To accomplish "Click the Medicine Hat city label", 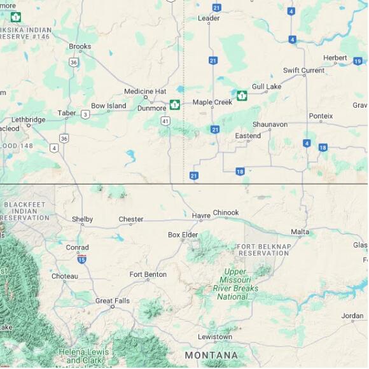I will pyautogui.click(x=144, y=92).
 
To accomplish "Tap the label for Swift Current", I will pyautogui.click(x=303, y=71).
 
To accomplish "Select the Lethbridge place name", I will pyautogui.click(x=29, y=120).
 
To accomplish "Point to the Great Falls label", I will pyautogui.click(x=112, y=301).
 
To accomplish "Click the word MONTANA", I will pyautogui.click(x=211, y=355).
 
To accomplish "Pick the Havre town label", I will pyautogui.click(x=201, y=216).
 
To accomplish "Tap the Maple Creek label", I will pyautogui.click(x=212, y=102).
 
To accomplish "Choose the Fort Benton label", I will pyautogui.click(x=148, y=275).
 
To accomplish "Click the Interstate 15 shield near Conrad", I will pyautogui.click(x=81, y=260).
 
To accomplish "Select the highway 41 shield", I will pyautogui.click(x=165, y=120).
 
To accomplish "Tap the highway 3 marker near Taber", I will pyautogui.click(x=85, y=115).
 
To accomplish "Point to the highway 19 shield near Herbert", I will pyautogui.click(x=358, y=61).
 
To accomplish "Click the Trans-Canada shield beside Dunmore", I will pyautogui.click(x=174, y=104).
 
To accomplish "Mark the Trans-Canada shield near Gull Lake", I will pyautogui.click(x=242, y=95).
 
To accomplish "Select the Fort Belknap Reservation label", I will pyautogui.click(x=263, y=249).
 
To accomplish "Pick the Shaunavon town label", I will pyautogui.click(x=270, y=125).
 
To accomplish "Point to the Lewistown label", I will pyautogui.click(x=214, y=337).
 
